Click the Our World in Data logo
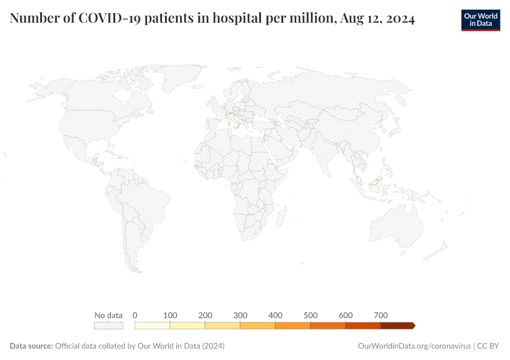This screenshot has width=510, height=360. tap(480, 19)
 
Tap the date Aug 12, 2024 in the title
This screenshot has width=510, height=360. tap(377, 19)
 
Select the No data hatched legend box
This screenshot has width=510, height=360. tap(109, 325)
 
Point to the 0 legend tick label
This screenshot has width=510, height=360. tap(135, 315)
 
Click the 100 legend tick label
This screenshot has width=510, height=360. tap(170, 315)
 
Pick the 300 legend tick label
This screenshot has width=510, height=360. tap(241, 315)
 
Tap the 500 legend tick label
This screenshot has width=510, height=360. tap(310, 315)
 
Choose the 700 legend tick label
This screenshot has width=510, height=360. tap(380, 315)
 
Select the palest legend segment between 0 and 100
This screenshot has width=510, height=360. tap(152, 325)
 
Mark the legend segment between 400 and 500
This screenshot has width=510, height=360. tap(293, 325)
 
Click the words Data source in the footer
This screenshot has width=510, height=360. tap(31, 346)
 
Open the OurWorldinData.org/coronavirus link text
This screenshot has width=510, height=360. tap(413, 346)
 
